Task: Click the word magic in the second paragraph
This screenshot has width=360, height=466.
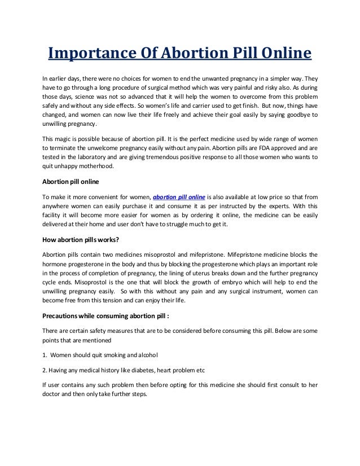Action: [x=65, y=139]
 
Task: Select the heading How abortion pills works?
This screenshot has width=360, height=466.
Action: [x=80, y=239]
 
